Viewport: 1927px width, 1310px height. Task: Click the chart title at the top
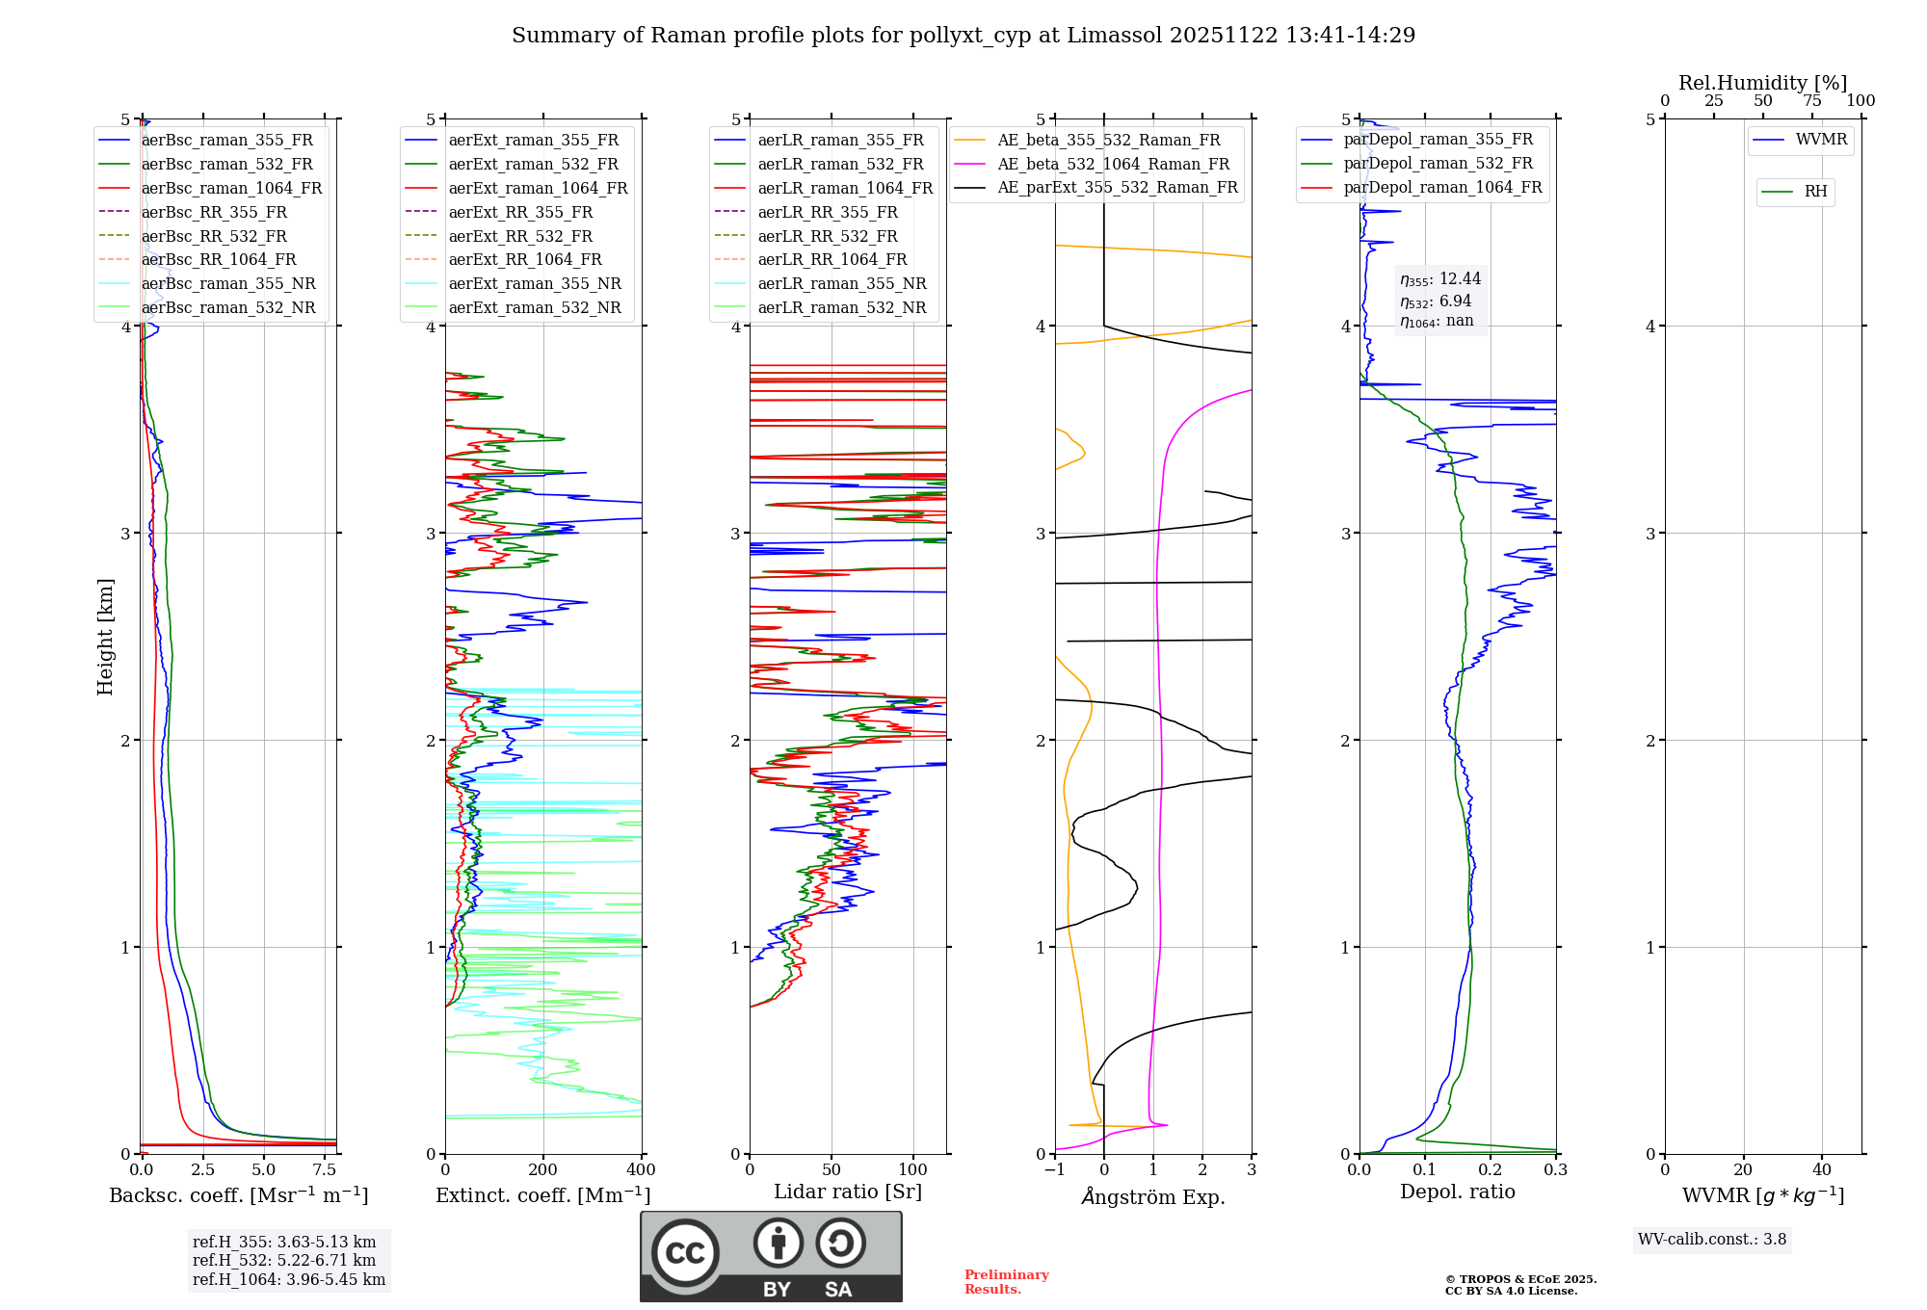point(963,36)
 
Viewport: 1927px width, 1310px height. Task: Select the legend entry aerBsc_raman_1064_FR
point(231,188)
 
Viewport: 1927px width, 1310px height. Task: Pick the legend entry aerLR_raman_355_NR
point(841,283)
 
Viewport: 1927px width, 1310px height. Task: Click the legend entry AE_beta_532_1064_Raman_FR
point(1113,164)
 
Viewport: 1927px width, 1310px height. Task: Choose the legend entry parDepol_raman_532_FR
point(1438,164)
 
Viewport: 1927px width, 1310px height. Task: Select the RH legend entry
point(1815,192)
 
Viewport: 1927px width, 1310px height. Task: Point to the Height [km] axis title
point(105,637)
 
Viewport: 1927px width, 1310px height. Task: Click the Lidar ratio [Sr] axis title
point(848,1192)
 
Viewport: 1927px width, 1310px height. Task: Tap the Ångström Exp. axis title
point(1153,1196)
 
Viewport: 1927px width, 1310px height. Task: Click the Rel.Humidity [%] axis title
point(1762,83)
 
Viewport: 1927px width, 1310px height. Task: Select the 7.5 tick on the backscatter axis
point(325,1170)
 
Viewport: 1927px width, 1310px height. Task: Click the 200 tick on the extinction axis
point(543,1170)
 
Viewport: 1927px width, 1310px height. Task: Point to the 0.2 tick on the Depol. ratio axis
point(1491,1170)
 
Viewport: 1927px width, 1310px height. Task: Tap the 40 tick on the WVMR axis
point(1822,1170)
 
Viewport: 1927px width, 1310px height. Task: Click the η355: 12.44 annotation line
point(1440,279)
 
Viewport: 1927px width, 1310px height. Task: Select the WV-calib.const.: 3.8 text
point(1712,1240)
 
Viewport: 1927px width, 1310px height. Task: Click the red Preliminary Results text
point(1006,1282)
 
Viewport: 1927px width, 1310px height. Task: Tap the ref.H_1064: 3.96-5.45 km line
point(289,1279)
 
